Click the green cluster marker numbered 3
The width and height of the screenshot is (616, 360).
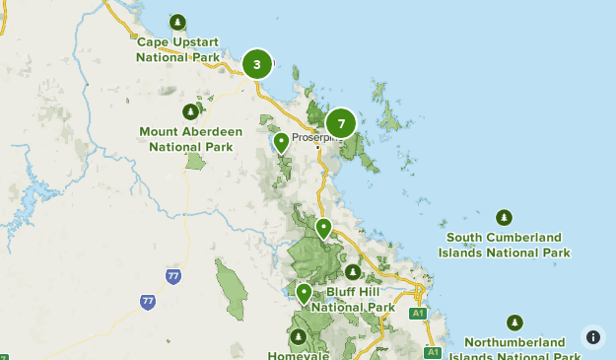coord(257,65)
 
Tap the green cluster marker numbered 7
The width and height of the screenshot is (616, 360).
coord(341,123)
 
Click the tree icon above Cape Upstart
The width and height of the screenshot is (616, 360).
coord(177,22)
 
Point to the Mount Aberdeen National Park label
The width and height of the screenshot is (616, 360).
coord(191,139)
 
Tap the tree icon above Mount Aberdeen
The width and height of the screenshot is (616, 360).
coord(190,111)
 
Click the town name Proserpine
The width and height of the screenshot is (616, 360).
coord(315,138)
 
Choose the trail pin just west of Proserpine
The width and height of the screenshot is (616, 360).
coord(281,142)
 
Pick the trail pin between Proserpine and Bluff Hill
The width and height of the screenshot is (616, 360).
coord(323,228)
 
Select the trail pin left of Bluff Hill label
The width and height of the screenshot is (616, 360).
coord(304,292)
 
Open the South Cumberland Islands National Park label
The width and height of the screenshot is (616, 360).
coord(505,245)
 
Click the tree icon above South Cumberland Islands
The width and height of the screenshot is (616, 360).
coord(505,217)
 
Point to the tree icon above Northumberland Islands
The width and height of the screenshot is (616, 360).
coord(513,323)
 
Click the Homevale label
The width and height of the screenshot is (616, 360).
coord(298,355)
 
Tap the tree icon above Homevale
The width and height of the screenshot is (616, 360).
coord(298,336)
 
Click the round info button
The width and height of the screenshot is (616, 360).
coord(592,336)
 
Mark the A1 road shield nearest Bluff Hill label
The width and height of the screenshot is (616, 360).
coord(417,313)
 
